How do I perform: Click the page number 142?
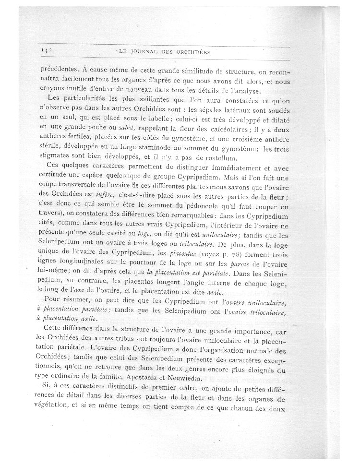[47, 50]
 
